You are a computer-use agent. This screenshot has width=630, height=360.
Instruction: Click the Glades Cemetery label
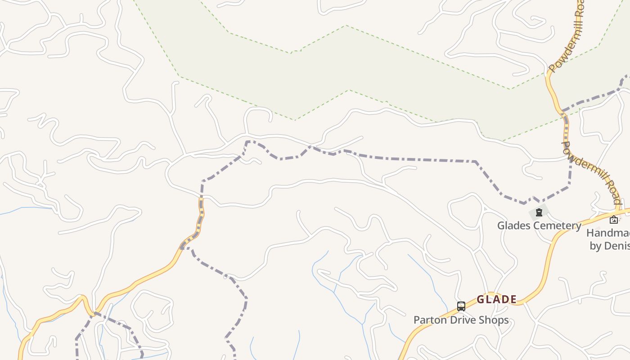point(539,225)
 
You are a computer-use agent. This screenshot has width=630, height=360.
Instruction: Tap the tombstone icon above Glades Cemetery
point(539,212)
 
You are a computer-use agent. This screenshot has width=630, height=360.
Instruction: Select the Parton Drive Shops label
point(461,320)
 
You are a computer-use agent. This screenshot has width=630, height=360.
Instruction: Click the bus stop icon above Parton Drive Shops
point(461,306)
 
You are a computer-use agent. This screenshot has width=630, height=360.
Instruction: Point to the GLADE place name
point(496,299)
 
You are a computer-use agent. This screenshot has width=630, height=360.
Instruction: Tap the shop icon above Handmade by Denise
point(614,220)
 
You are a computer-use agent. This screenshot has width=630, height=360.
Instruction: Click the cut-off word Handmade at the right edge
point(608,233)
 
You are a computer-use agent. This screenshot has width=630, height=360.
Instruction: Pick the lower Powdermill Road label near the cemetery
point(592,173)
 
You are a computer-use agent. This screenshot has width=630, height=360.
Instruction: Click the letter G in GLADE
point(481,299)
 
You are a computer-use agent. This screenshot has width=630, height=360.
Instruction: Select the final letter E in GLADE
point(513,299)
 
